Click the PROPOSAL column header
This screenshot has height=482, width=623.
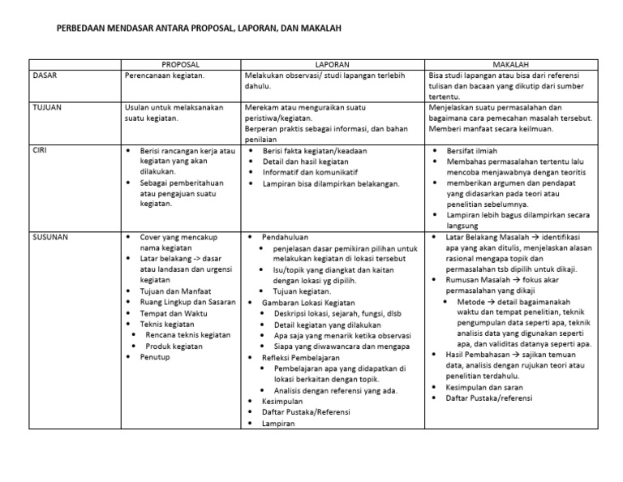(x=180, y=63)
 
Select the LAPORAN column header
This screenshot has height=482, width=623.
(x=333, y=63)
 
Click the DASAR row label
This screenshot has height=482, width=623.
(x=45, y=75)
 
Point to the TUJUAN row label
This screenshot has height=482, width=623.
(x=47, y=106)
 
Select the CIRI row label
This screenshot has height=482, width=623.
(x=40, y=151)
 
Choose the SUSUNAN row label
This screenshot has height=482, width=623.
(x=50, y=236)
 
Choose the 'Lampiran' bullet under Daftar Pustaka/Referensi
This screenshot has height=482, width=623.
(x=278, y=423)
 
